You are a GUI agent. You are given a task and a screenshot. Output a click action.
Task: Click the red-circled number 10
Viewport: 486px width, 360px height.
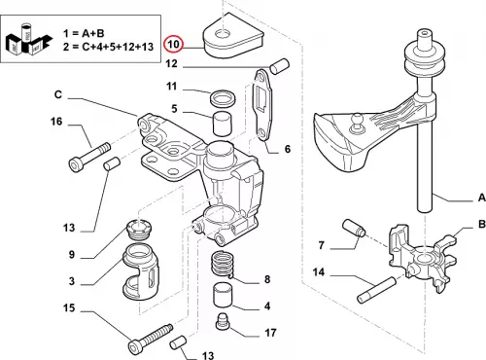pos(174,44)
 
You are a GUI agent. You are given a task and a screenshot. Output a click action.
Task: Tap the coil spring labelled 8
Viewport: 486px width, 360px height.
pos(223,265)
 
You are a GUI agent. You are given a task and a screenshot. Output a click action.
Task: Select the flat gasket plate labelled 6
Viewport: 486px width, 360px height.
pos(263,106)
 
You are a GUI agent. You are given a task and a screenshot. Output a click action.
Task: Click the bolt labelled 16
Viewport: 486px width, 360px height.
pos(90,158)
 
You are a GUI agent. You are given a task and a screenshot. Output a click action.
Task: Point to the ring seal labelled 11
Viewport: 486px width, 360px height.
pos(223,97)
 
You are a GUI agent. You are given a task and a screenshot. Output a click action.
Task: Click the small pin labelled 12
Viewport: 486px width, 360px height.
pos(279,66)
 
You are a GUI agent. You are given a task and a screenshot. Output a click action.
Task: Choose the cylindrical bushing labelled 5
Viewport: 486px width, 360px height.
pos(223,124)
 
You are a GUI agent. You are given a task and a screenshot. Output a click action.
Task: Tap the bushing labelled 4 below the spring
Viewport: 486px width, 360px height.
pos(223,295)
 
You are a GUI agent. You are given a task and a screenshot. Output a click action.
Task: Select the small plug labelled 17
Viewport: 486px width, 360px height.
pos(223,322)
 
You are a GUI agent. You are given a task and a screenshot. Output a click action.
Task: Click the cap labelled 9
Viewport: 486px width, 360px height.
pos(139,230)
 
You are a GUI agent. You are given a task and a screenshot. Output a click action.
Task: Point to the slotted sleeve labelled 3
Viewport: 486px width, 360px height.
pos(140,271)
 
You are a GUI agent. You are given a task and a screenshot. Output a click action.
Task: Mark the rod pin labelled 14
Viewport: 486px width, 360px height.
pos(376,290)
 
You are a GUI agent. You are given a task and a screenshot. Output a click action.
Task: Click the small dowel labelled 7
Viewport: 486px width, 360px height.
pos(354,228)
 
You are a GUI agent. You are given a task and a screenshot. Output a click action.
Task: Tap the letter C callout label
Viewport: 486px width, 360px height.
pos(58,94)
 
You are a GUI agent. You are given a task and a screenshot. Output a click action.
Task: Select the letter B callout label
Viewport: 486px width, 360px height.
pos(481,224)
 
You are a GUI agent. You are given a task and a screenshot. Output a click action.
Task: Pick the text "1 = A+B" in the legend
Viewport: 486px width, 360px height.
pos(84,33)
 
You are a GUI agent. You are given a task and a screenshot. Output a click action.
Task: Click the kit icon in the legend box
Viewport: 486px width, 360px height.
pos(28,40)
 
